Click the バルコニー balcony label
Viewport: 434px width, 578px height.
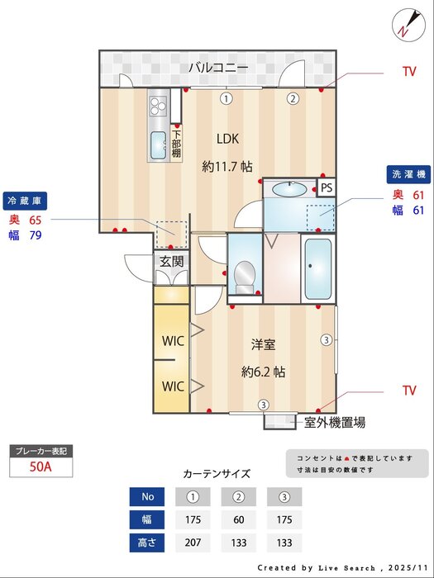pos(217,68)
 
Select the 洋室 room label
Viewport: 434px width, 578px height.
pos(264,343)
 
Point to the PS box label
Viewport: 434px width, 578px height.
pos(327,187)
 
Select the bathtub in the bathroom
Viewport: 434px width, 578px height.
pos(317,269)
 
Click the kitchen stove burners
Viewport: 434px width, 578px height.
pos(158,105)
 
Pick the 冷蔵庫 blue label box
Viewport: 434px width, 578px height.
pos(26,201)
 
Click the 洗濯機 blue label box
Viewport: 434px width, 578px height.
pos(408,175)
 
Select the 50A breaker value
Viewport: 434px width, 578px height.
pos(40,467)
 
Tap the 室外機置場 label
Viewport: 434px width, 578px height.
pos(335,422)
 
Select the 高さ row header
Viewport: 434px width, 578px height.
pos(147,543)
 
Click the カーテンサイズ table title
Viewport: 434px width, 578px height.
pos(216,474)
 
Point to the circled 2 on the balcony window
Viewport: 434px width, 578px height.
pos(293,98)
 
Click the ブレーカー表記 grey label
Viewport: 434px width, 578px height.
pos(40,451)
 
